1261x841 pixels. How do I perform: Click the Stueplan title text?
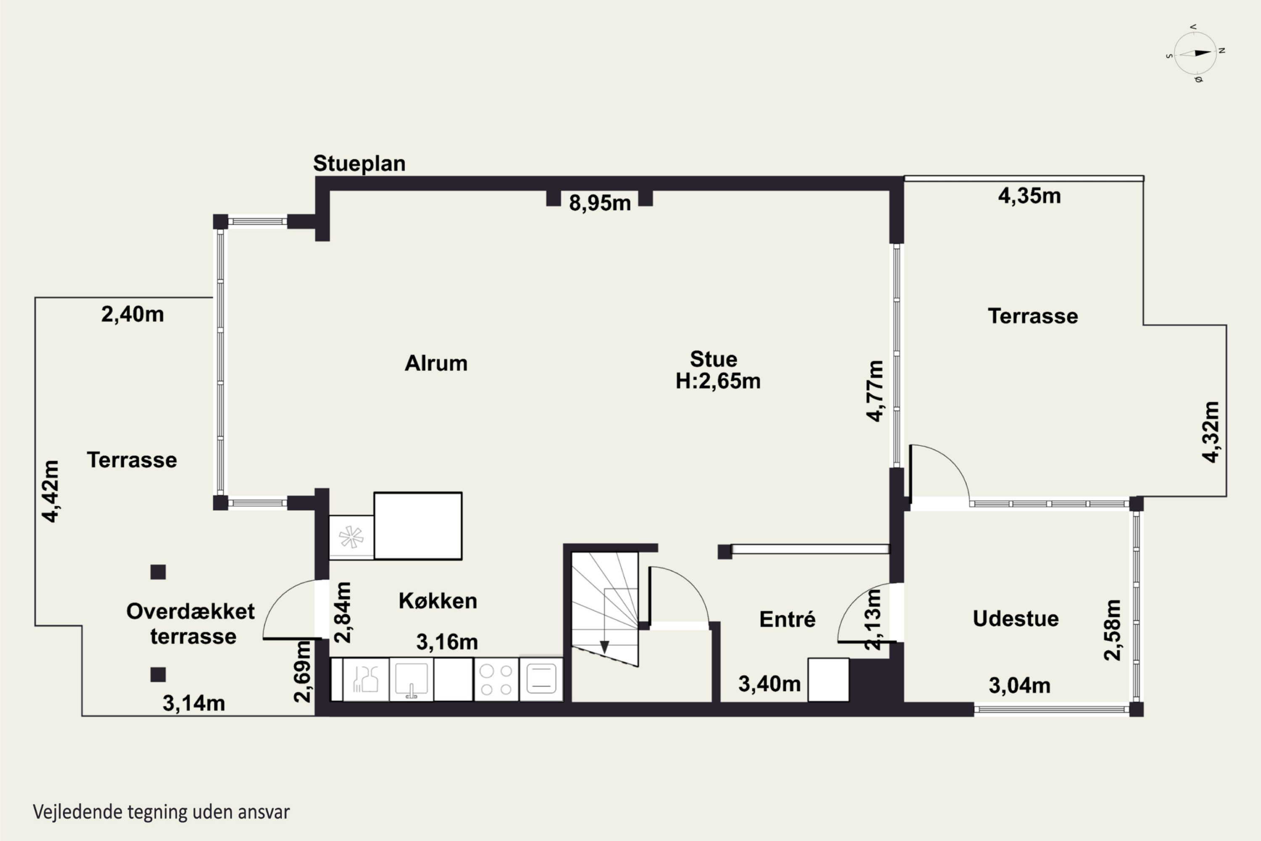pos(359,164)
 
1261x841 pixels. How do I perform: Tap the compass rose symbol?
pos(1195,53)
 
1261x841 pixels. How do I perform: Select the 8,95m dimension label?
pos(600,203)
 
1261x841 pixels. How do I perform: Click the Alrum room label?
pos(436,363)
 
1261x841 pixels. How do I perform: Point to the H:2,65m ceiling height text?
pos(718,381)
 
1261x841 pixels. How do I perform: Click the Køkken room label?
pos(438,601)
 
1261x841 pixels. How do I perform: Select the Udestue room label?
pos(1016,619)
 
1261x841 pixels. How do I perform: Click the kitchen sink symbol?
pos(411,680)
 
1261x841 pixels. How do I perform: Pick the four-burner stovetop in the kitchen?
pos(496,680)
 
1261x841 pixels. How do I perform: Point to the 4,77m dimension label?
pos(875,391)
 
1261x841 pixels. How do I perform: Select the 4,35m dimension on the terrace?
pos(1029,196)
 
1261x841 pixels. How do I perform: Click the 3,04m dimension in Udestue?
pos(1019,685)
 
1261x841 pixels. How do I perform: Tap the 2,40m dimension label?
pos(132,314)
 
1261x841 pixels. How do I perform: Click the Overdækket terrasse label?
pos(191,624)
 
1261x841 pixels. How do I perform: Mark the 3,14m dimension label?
pos(193,703)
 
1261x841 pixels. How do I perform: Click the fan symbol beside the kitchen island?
pos(351,537)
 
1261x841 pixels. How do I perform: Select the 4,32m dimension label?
pos(1211,431)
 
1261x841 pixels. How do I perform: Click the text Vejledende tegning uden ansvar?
pos(161,812)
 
